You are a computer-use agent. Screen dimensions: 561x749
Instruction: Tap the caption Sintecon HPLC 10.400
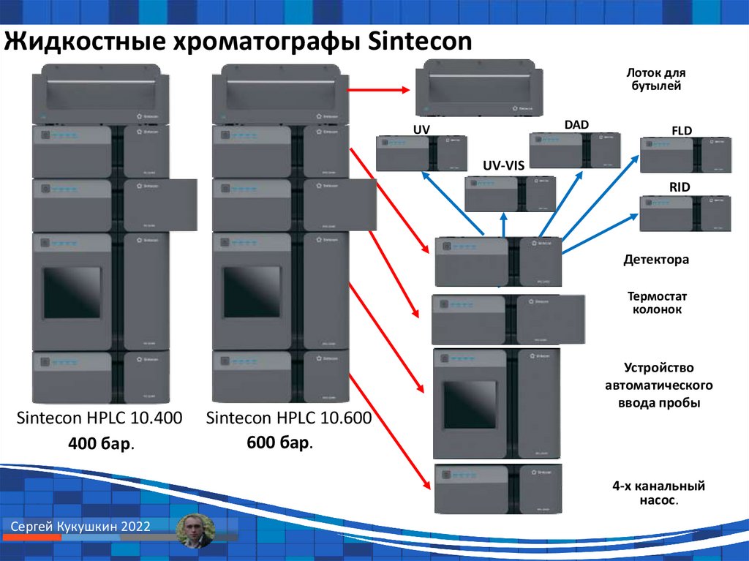tap(99, 419)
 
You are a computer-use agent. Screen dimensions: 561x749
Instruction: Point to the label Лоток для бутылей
tap(656, 80)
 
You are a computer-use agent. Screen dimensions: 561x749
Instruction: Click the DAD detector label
tap(576, 125)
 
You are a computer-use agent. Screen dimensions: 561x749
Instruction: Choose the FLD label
tap(681, 131)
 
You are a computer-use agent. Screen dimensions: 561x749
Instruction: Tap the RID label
tap(680, 188)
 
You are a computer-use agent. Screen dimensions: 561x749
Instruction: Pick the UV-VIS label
tap(503, 166)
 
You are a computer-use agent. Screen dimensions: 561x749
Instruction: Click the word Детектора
tap(656, 260)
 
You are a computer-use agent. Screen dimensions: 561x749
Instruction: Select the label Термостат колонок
tap(656, 303)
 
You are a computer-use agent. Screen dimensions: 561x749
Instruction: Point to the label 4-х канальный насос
tap(658, 493)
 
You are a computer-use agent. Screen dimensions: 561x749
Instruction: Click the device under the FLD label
tap(685, 154)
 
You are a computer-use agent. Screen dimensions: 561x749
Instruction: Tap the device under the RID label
tap(685, 213)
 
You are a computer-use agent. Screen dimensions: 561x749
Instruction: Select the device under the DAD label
tap(574, 150)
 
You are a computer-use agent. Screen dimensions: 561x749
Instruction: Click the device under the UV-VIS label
tap(509, 194)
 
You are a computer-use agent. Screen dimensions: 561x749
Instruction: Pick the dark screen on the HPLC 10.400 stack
tap(72, 292)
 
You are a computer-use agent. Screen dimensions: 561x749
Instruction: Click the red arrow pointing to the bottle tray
tap(376, 90)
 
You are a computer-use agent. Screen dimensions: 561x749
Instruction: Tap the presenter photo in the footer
tap(196, 530)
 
